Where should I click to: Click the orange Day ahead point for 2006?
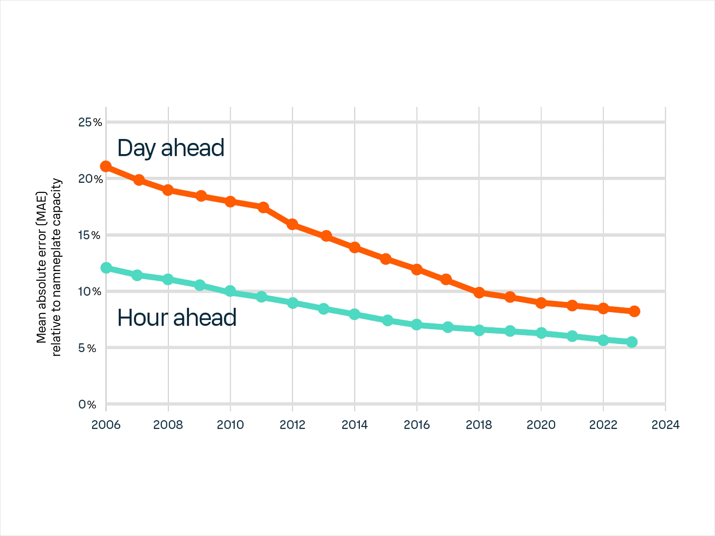(x=106, y=167)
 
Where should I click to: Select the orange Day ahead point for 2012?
(x=292, y=224)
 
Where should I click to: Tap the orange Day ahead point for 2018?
(x=479, y=293)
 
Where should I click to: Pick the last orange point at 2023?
(x=634, y=311)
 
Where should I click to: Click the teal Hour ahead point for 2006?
(x=106, y=268)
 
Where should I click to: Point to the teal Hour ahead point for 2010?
(x=230, y=291)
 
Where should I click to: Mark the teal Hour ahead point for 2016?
(x=416, y=324)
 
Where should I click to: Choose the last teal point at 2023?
(x=632, y=342)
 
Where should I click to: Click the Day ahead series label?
(x=171, y=148)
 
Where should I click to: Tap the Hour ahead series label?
(x=177, y=318)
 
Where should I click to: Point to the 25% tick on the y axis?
(x=90, y=122)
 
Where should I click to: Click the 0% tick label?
(x=87, y=405)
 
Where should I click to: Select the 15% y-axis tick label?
(x=89, y=235)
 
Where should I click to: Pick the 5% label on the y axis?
(x=87, y=348)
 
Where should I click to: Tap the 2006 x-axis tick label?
(x=106, y=425)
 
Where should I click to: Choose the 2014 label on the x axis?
(x=354, y=425)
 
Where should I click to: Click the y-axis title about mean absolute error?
(x=49, y=267)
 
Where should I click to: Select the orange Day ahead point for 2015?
(x=386, y=259)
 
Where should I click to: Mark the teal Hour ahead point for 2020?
(x=541, y=333)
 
